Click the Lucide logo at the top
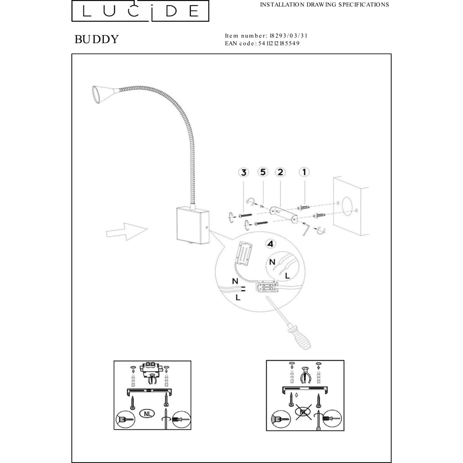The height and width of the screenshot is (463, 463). point(140,11)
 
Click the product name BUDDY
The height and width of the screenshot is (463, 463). point(97,39)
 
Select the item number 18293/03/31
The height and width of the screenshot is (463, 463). point(288,36)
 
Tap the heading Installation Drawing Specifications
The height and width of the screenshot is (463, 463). point(325,5)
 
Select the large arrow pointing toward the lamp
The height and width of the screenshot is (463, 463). point(127,231)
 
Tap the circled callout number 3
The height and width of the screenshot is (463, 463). point(244,172)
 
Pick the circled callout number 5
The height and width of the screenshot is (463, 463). point(263,172)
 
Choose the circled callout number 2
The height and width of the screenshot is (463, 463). point(280,172)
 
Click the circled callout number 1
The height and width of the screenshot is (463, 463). point(304,172)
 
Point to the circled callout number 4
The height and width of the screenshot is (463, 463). point(271,244)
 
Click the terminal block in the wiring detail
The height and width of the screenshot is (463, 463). point(267,287)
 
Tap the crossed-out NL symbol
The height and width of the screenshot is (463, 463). point(304,412)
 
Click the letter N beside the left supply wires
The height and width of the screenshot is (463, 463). point(235,281)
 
